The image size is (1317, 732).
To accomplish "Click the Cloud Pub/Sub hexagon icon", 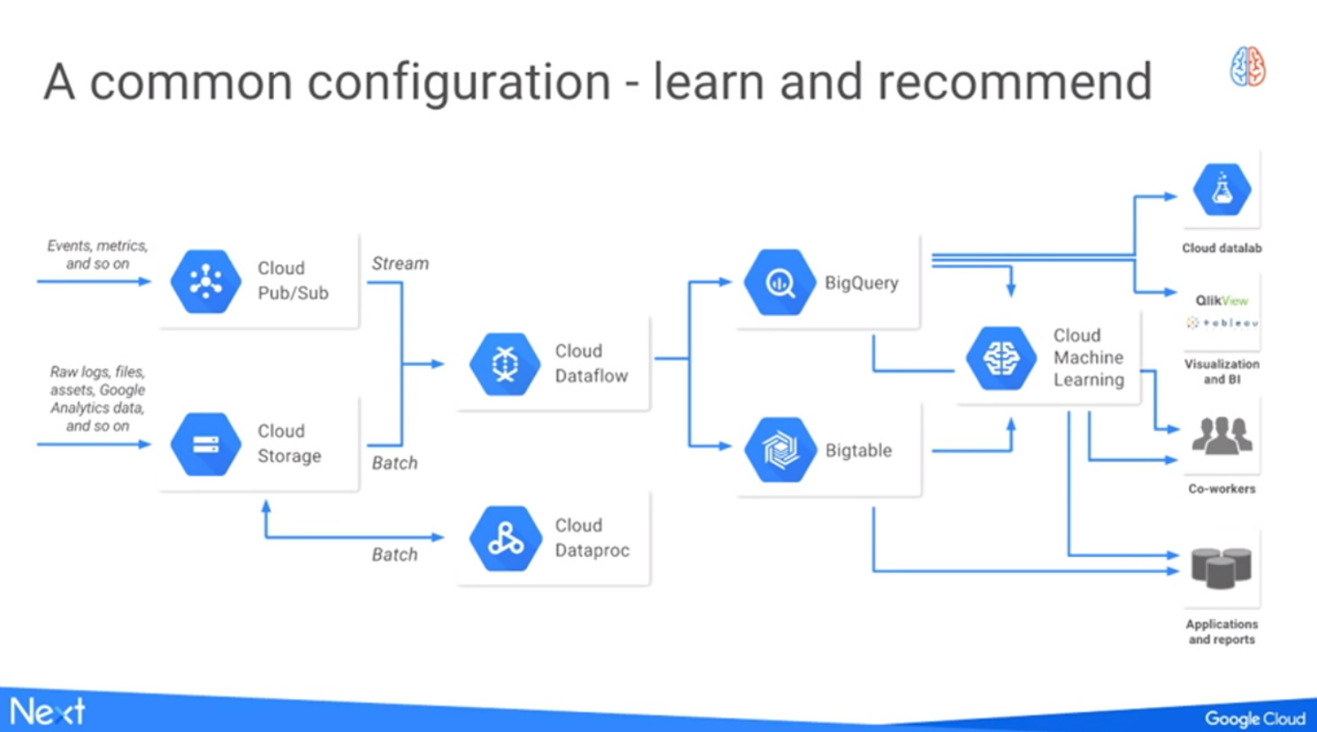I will [205, 282].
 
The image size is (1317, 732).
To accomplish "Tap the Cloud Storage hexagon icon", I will [205, 444].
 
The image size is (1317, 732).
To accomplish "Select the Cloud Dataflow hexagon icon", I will [505, 363].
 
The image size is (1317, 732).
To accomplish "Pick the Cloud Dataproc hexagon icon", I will [505, 538].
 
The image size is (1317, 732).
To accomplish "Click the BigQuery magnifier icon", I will [780, 283].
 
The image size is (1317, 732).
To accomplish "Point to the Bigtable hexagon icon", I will [780, 450].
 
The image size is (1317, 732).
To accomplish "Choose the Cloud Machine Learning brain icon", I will [1001, 358].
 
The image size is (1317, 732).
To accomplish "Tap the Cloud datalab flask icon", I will [1222, 189].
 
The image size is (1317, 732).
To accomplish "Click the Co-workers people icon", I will [1222, 436].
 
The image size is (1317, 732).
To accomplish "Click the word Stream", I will [400, 263].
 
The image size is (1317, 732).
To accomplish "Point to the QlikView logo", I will [1222, 301].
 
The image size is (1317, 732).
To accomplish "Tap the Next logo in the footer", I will [48, 711].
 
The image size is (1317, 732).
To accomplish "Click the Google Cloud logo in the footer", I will [1254, 719].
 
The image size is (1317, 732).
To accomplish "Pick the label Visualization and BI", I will [1222, 371].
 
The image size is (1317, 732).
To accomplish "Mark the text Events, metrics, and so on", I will [97, 255].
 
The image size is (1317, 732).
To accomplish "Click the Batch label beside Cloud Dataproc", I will [394, 554].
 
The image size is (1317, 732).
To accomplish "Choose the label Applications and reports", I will [1222, 631].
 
